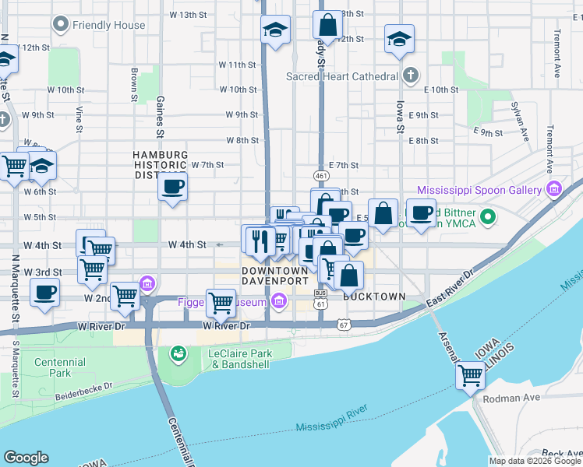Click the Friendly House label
(x=108, y=25)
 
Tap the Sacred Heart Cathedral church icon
(x=412, y=76)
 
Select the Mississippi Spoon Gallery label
(x=479, y=189)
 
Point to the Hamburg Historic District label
(x=159, y=165)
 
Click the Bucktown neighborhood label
(x=374, y=297)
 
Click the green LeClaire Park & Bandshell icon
(x=178, y=355)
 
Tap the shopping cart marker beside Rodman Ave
(x=471, y=376)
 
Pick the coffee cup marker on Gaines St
(x=172, y=187)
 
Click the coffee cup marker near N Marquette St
(x=44, y=293)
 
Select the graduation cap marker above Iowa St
(x=399, y=38)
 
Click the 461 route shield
(x=320, y=174)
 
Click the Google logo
(x=26, y=458)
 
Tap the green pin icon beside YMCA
(x=489, y=216)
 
